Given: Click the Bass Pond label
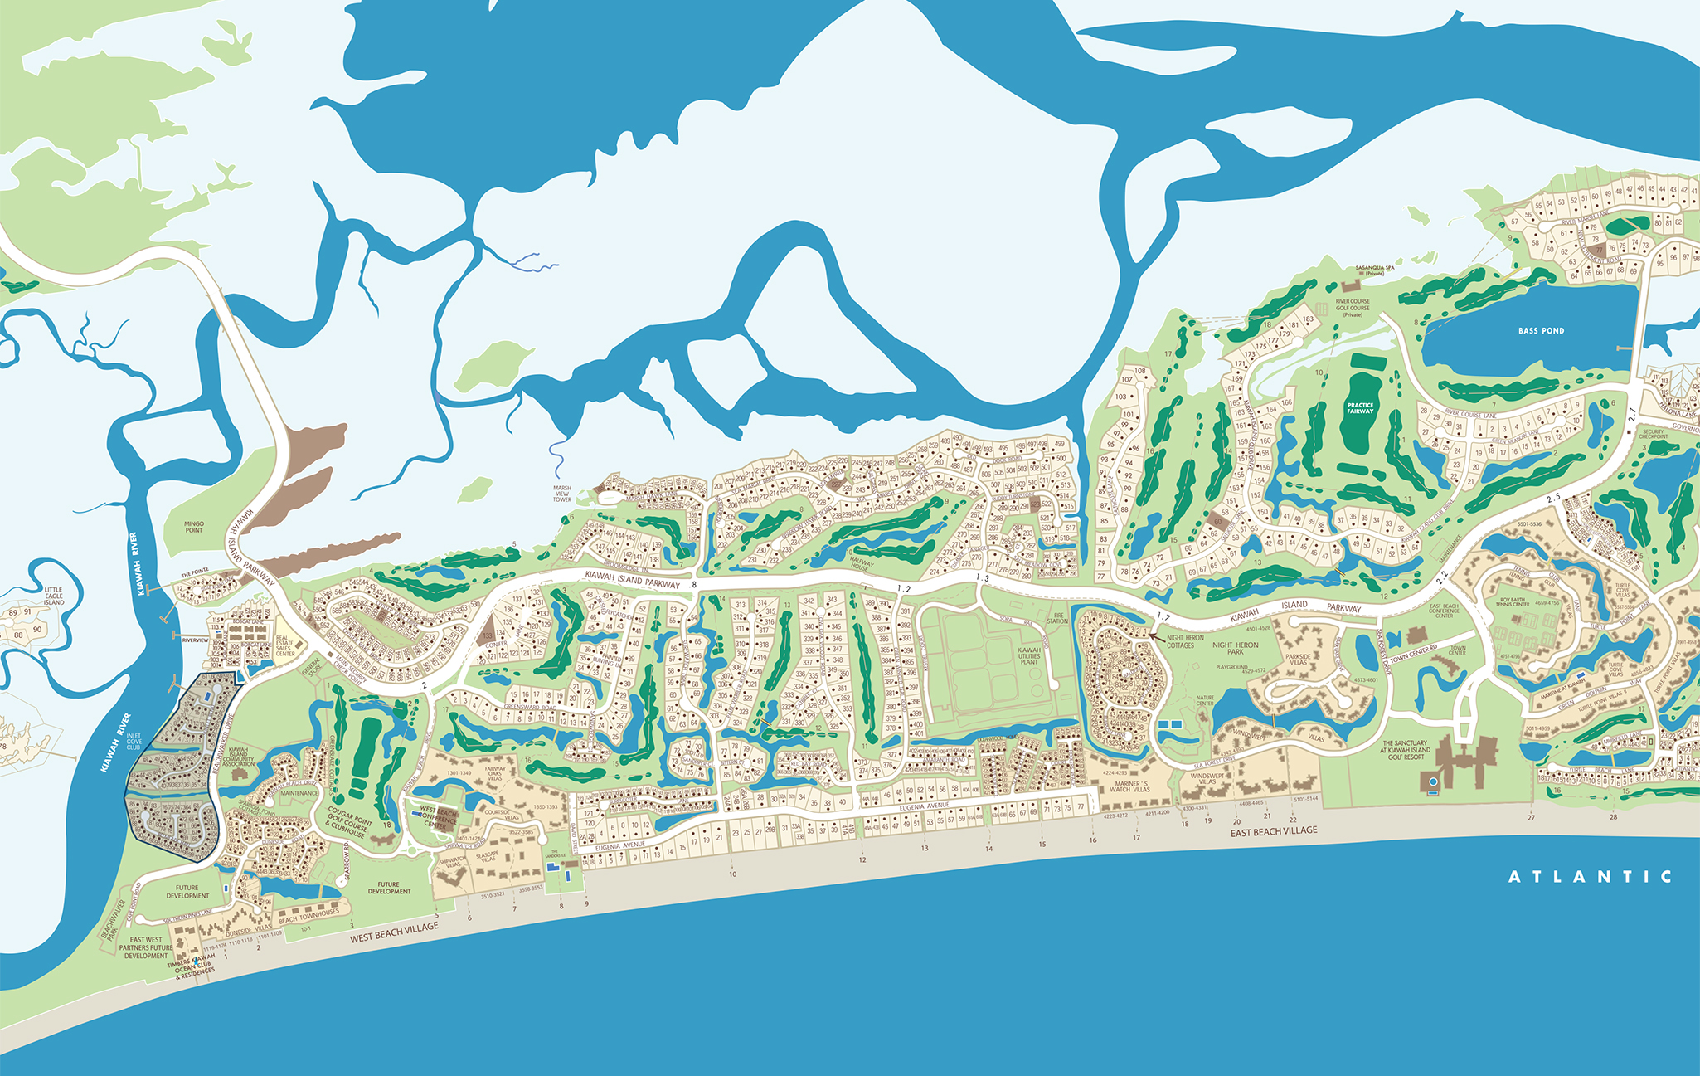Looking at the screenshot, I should click(x=1541, y=330).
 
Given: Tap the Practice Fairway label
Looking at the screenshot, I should click(x=1360, y=408).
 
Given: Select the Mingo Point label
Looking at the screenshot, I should click(x=194, y=527).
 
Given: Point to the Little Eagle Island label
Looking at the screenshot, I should click(x=53, y=596).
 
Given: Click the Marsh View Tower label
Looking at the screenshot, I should click(x=562, y=494).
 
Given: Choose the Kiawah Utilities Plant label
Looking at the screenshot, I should click(x=1028, y=655).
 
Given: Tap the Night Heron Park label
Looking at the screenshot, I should click(x=1235, y=648).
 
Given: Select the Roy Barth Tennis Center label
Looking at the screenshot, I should click(x=1512, y=601).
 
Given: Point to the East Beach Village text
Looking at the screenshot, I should click(x=1273, y=830).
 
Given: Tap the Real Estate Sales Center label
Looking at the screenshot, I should click(x=284, y=646).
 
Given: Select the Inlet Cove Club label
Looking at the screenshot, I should click(x=134, y=742).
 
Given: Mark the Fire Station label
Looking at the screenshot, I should click(x=1056, y=618).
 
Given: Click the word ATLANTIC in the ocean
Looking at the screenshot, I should click(x=1590, y=877).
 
